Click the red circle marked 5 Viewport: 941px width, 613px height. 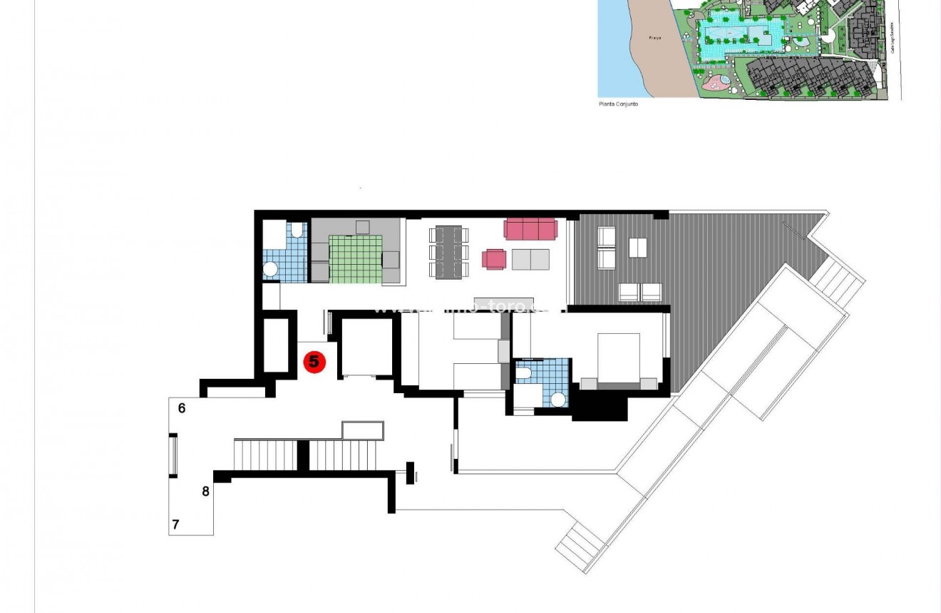314,362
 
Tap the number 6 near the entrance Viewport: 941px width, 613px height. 182,408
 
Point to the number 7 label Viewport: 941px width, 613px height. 175,525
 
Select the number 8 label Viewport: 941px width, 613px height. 206,491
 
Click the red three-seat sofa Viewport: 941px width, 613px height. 530,229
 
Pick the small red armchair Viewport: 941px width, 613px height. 494,259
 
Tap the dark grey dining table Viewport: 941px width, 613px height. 448,251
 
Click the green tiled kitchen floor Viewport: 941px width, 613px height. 356,258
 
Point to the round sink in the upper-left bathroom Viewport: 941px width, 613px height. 271,269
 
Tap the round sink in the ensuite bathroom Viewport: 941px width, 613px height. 558,400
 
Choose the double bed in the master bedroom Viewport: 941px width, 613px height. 619,359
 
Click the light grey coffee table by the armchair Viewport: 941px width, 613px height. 530,259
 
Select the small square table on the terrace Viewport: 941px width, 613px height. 638,248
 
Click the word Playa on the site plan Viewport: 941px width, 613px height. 655,38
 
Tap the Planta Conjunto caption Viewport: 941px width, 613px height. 618,104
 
